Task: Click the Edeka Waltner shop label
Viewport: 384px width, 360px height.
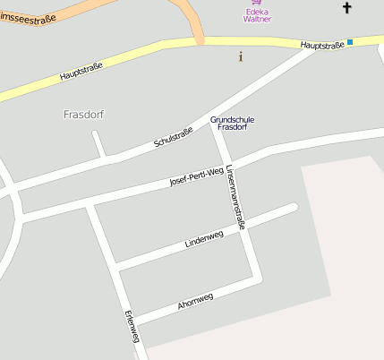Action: [x=257, y=14]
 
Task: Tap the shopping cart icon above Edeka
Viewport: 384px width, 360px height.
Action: [x=257, y=3]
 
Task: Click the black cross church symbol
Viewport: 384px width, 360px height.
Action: [x=347, y=8]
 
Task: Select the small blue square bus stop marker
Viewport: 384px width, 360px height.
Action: [x=350, y=42]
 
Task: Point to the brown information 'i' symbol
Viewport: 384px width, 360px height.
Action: [x=240, y=57]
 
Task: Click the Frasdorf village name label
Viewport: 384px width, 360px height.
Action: [x=85, y=115]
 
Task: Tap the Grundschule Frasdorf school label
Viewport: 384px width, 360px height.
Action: [x=232, y=123]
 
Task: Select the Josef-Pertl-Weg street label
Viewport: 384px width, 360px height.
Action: [x=196, y=177]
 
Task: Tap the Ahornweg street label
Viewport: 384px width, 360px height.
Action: [x=195, y=301]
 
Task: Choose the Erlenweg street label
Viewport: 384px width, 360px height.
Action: [x=132, y=326]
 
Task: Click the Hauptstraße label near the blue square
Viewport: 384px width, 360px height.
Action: [x=322, y=44]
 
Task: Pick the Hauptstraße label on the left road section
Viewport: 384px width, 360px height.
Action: [x=81, y=71]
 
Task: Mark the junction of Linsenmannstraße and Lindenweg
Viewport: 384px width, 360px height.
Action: [x=243, y=227]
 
